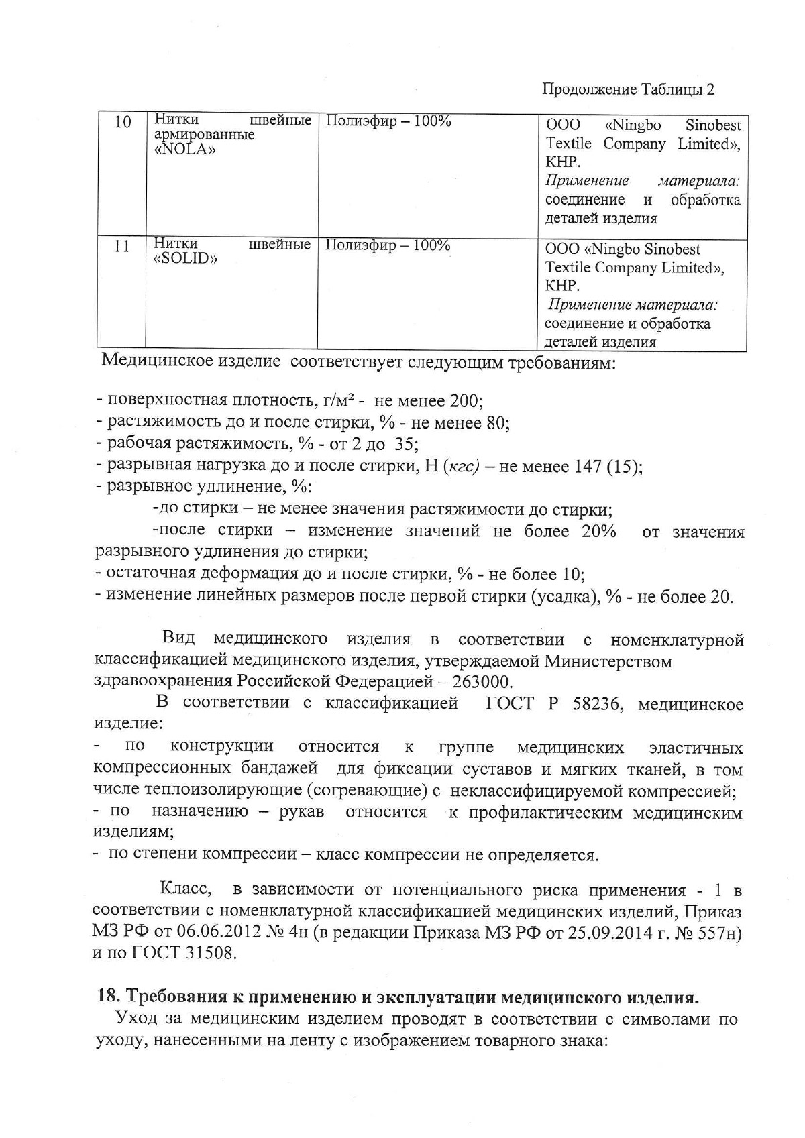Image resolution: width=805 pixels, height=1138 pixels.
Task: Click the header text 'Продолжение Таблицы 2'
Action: coord(628,89)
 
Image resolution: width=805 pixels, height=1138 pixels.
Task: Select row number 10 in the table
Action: coord(122,123)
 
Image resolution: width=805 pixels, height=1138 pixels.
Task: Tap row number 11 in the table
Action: coord(121,246)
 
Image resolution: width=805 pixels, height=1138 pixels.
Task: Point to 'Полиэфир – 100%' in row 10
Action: coord(388,121)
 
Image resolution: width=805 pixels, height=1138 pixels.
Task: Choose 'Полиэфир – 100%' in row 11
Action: coord(387,245)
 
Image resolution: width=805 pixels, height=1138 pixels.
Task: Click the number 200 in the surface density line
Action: coord(464,401)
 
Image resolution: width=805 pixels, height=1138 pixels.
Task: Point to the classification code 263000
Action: coord(482,682)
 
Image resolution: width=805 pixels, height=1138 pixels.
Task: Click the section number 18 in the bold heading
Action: coord(107,997)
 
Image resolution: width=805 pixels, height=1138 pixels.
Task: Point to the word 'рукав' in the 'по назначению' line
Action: coord(301,812)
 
